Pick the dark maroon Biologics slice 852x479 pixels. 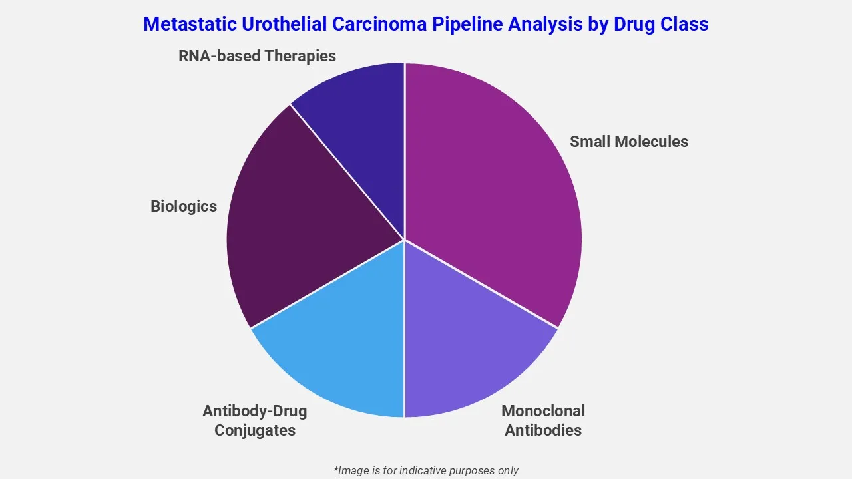pos(300,220)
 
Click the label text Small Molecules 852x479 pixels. pos(629,142)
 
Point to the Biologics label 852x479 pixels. pos(184,206)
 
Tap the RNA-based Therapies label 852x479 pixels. pos(257,56)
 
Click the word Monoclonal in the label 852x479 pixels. pos(543,411)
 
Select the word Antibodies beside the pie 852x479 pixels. pos(543,430)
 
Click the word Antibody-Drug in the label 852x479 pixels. pos(255,411)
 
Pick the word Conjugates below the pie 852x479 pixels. pos(255,430)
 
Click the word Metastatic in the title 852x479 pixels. pos(181,24)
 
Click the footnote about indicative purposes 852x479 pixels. pos(426,470)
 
